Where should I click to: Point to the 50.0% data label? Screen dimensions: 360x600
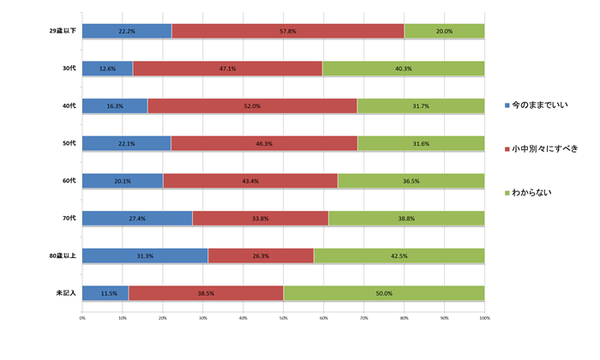[x=383, y=293]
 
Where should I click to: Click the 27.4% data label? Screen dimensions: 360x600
[x=137, y=219]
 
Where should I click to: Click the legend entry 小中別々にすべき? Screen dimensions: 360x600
[x=549, y=148]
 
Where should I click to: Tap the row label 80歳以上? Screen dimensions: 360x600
[x=63, y=255]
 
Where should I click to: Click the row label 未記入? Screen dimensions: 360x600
[x=65, y=293]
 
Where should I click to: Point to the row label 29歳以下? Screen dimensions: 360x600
[x=63, y=31]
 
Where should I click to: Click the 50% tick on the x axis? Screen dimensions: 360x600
[x=283, y=318]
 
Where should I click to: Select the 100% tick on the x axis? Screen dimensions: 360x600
[x=484, y=318]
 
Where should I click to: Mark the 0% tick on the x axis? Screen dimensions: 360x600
[x=82, y=318]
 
